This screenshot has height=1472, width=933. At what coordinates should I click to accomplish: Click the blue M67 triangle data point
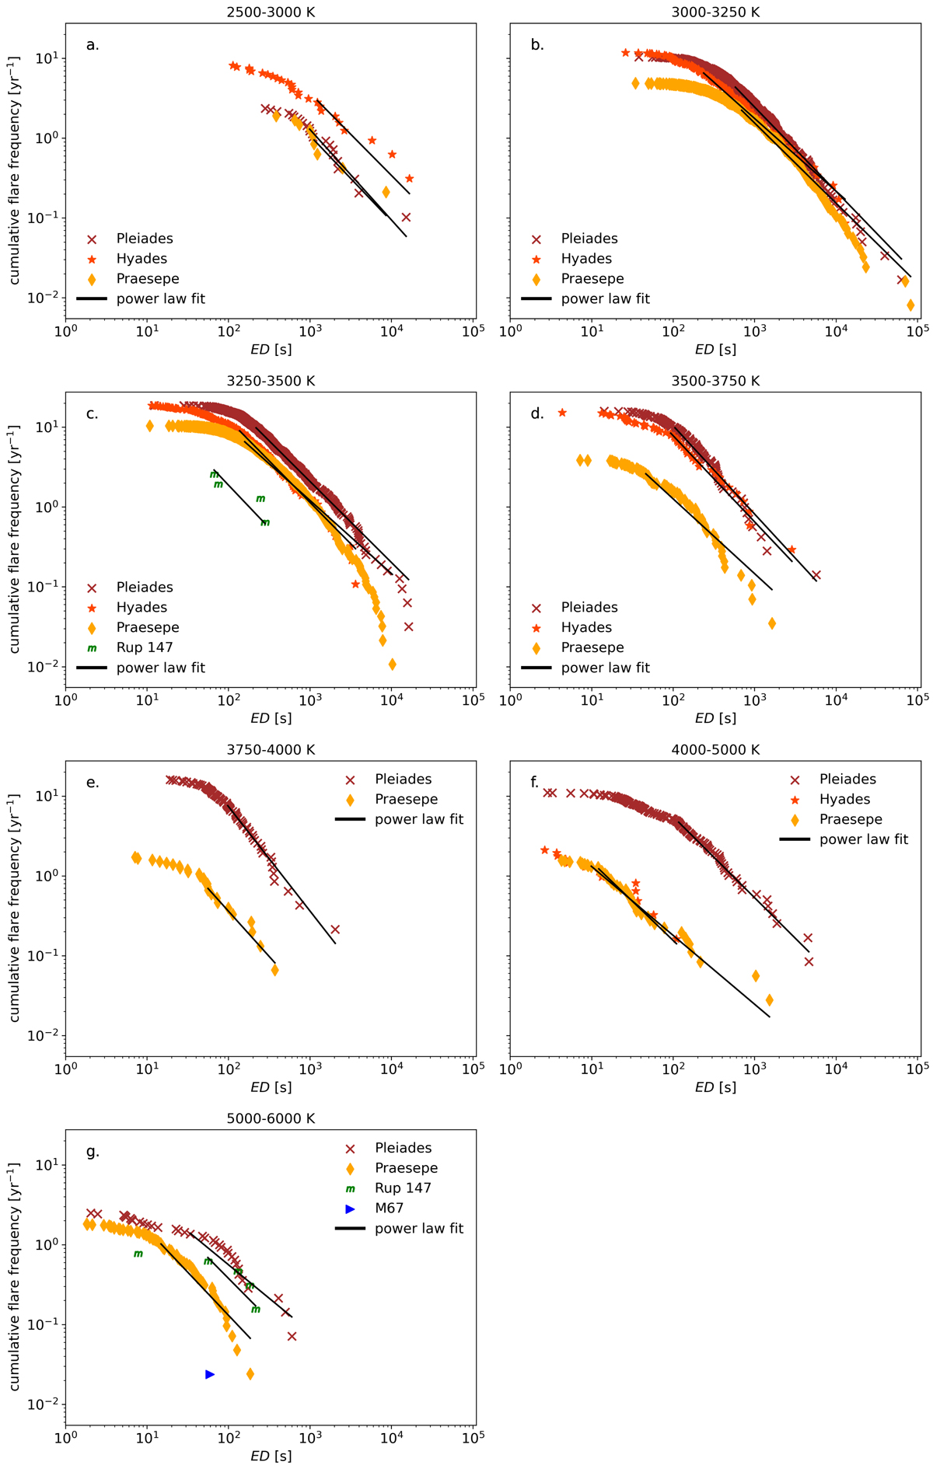click(210, 1375)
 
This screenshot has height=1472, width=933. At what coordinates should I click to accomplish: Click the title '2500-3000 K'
click(271, 12)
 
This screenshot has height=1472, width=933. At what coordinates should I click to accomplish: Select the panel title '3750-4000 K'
click(271, 750)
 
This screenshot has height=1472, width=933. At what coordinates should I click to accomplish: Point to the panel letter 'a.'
click(93, 45)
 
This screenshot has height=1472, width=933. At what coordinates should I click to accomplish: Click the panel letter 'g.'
click(93, 1151)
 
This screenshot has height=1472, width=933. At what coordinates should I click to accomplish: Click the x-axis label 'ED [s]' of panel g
click(271, 1456)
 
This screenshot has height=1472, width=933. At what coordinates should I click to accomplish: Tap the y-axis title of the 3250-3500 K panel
click(14, 539)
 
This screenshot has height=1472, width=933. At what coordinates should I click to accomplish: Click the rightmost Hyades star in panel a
click(410, 179)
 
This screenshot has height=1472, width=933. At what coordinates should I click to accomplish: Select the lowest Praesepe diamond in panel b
click(910, 305)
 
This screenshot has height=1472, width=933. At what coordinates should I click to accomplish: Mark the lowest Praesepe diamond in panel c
click(393, 664)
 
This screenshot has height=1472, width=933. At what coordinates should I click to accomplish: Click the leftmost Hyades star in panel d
click(562, 413)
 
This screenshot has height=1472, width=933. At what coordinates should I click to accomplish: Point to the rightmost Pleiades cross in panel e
click(335, 930)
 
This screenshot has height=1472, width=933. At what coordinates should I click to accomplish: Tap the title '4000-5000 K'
click(715, 750)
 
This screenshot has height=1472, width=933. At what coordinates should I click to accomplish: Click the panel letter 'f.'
click(535, 783)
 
